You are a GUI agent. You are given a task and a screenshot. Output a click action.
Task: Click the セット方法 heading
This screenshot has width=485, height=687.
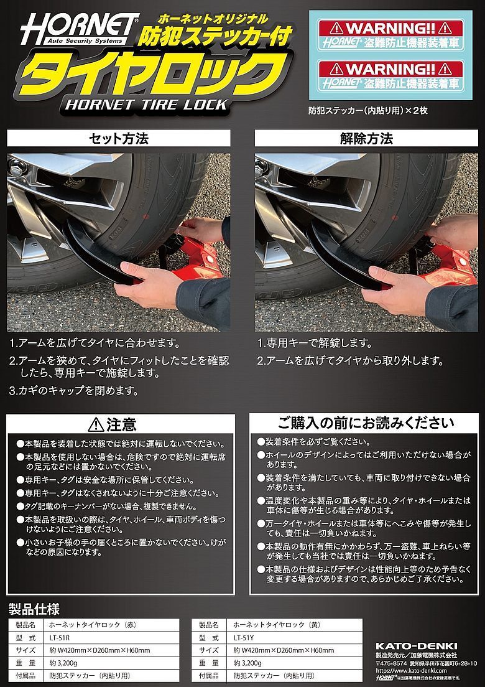[119, 138]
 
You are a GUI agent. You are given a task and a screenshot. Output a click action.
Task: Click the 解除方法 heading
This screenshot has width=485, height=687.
[366, 138]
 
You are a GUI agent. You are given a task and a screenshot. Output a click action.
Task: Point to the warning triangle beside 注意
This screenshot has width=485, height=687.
[96, 425]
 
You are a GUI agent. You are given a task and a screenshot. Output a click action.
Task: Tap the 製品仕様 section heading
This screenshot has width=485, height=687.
[34, 609]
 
